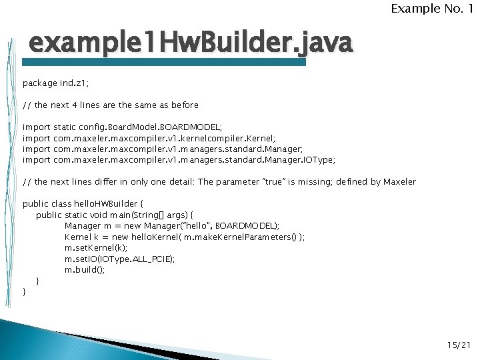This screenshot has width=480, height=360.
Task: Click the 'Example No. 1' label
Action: [433, 9]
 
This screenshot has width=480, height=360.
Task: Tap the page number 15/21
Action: [459, 345]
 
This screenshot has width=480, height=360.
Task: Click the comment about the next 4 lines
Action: [111, 105]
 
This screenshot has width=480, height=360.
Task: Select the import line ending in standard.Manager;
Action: [163, 149]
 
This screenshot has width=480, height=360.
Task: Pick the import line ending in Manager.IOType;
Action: [179, 160]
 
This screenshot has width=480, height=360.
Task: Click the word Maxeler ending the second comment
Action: [399, 181]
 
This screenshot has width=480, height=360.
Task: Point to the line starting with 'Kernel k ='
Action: [185, 237]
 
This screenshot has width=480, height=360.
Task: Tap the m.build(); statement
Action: [85, 270]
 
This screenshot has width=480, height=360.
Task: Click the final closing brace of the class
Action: [25, 292]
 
